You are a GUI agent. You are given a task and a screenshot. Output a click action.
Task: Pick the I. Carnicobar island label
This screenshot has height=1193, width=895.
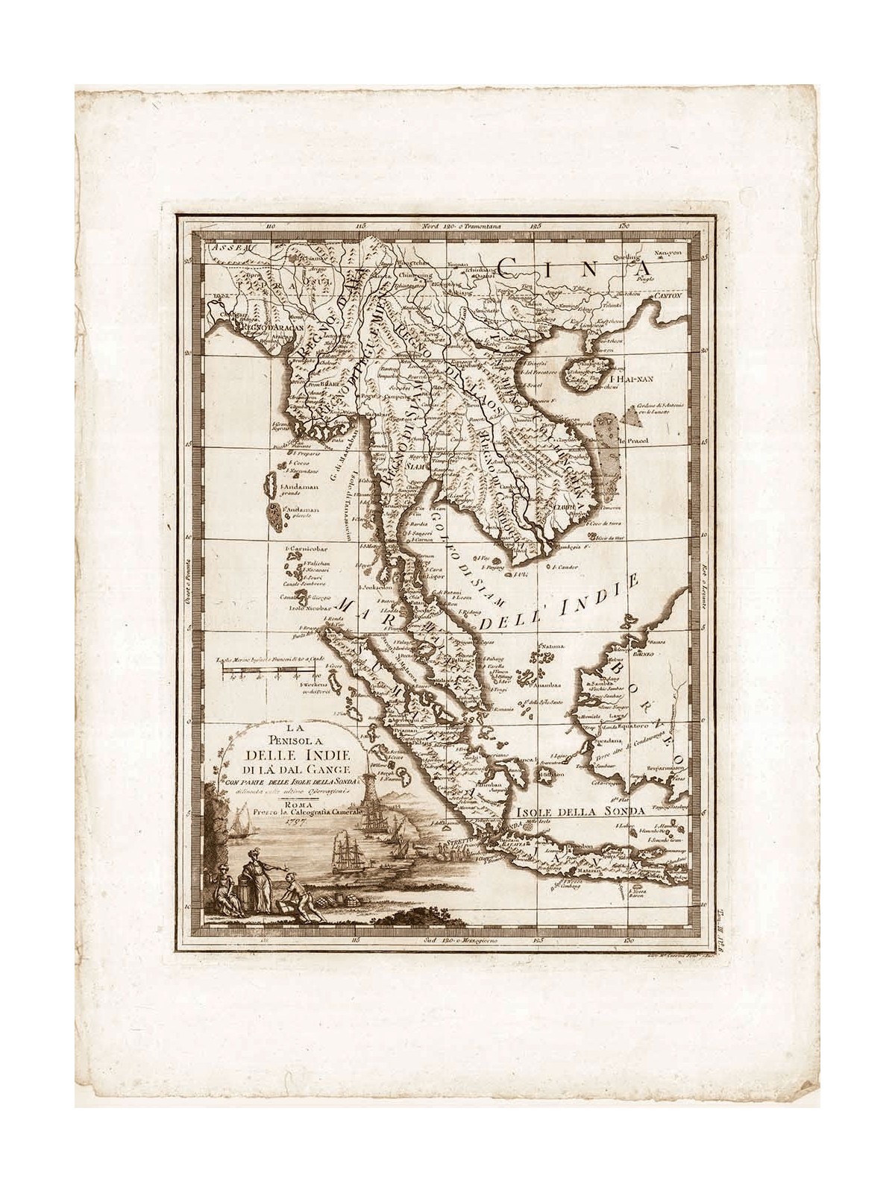pos(303,547)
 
